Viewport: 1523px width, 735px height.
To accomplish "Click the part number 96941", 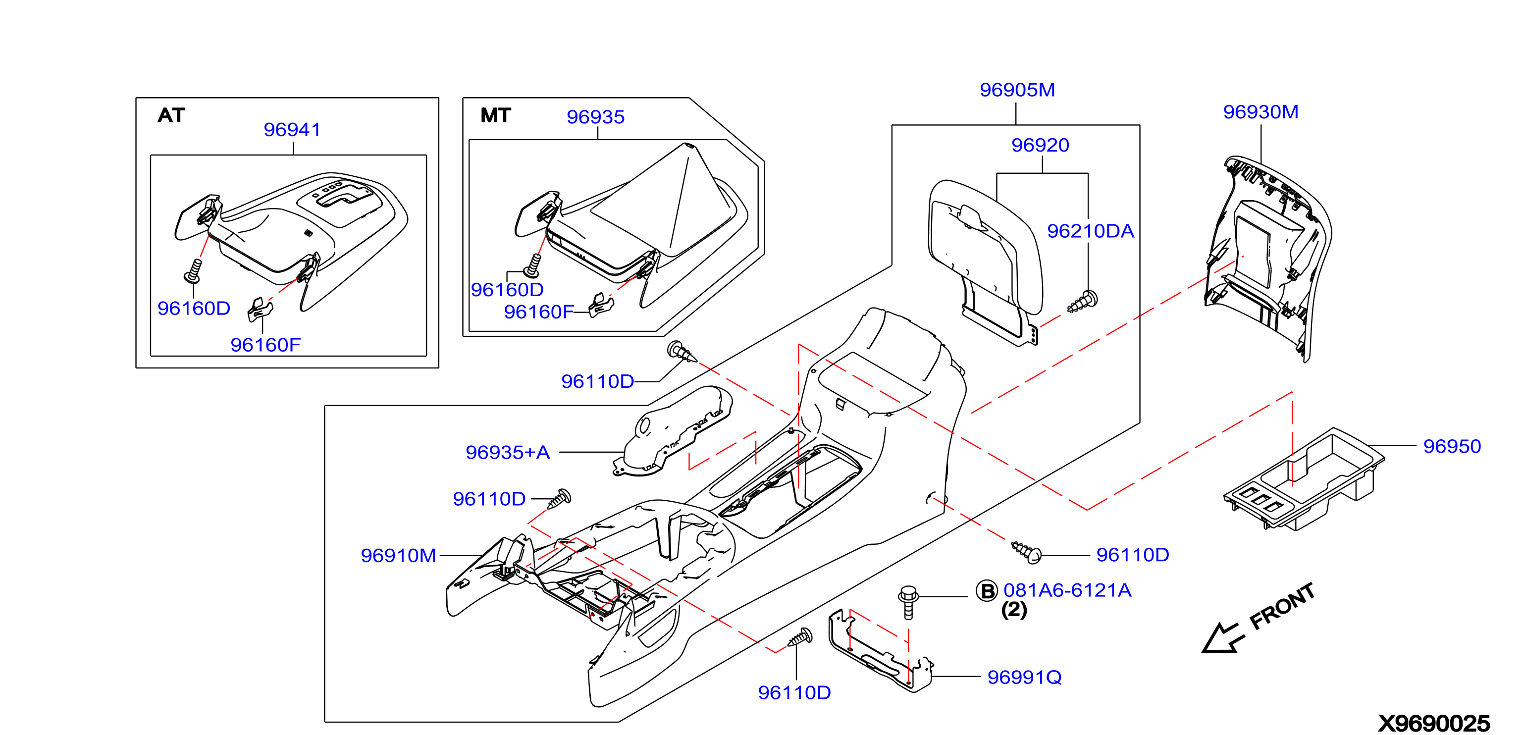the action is [292, 129].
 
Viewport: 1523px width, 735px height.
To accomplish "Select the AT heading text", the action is [171, 115].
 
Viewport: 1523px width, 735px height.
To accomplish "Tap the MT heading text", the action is [495, 115].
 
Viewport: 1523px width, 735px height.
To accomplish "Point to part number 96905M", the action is [1017, 90].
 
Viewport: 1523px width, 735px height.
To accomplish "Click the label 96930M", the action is [1260, 112].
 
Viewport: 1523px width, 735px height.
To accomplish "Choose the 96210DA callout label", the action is [1090, 231].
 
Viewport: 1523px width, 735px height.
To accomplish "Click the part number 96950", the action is [1452, 446].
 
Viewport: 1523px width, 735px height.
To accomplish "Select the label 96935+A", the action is [508, 452].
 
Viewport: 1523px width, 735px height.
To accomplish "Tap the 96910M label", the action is [399, 555].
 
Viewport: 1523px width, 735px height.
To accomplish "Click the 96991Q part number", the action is [1025, 677].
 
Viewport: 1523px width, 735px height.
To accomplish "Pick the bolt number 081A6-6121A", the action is [1067, 590].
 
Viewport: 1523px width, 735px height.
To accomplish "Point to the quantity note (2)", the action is [1014, 610].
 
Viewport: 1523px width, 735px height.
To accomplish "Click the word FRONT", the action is [1282, 607].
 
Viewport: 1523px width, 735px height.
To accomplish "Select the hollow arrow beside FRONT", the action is [1223, 637].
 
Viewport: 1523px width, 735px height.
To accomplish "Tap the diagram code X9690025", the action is [1434, 723].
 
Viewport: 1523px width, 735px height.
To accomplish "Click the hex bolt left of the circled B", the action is [908, 602].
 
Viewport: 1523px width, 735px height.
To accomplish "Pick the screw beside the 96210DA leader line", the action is [1083, 302].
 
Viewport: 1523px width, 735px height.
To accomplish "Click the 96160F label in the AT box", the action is [265, 345].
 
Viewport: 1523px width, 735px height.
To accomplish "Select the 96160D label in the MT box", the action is [507, 290].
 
